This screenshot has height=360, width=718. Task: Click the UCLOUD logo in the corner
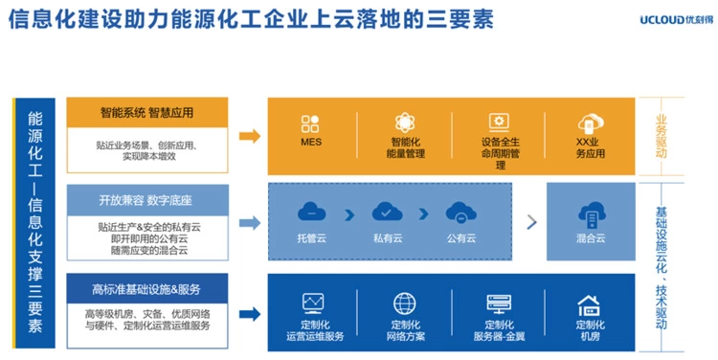676,20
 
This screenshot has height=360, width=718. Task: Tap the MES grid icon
310,124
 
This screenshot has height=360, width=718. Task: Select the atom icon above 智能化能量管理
405,123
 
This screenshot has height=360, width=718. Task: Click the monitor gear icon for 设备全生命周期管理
499,123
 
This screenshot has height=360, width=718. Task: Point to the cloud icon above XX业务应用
591,124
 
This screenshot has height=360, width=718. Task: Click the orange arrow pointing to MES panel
250,136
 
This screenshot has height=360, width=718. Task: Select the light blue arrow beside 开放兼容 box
250,223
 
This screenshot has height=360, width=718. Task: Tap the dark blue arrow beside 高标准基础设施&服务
250,314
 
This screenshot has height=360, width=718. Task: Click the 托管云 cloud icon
311,213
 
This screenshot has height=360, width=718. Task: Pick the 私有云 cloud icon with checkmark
387,213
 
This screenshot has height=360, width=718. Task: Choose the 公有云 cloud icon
461,213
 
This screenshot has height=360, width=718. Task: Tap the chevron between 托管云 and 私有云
349,214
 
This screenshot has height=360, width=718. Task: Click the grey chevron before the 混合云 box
531,222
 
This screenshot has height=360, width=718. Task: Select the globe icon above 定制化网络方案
405,304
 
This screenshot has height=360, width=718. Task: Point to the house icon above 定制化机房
589,305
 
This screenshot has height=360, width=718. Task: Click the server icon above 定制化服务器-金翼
499,304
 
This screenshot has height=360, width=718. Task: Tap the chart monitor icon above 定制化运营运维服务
314,304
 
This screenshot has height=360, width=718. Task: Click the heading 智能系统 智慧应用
147,112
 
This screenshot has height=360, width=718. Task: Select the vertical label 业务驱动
661,137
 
